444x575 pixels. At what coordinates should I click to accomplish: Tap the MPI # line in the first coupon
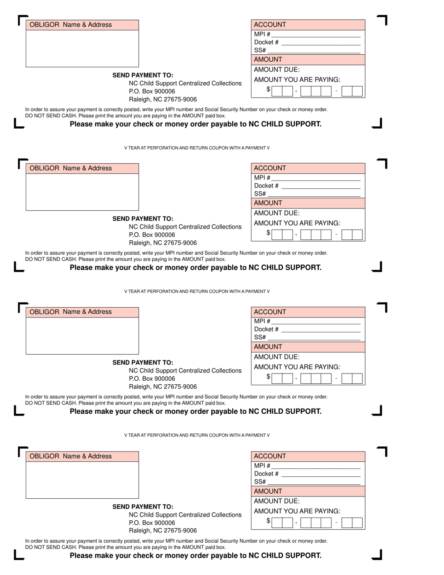click(315, 35)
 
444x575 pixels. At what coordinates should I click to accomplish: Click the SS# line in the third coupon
click(314, 338)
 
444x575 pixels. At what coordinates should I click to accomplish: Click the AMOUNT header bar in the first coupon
click(308, 60)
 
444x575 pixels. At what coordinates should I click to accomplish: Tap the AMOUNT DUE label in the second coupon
click(277, 213)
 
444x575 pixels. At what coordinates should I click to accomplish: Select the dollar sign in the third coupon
click(268, 377)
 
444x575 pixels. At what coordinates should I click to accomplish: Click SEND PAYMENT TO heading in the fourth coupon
click(143, 507)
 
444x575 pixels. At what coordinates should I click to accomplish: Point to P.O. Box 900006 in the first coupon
click(152, 92)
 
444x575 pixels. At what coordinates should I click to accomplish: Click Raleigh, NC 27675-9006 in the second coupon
click(163, 243)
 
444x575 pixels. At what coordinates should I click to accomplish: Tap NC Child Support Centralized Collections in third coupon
click(185, 371)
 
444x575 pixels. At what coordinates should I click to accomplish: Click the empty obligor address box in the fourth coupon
click(82, 480)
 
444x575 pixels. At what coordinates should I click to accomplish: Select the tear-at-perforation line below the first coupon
click(197, 148)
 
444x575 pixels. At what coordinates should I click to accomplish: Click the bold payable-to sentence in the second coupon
click(195, 268)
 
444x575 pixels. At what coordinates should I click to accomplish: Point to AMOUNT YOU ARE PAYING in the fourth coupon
click(297, 511)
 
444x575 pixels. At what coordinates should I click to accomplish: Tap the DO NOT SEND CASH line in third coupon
click(125, 403)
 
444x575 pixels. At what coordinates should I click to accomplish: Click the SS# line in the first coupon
click(314, 50)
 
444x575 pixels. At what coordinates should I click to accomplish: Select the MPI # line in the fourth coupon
click(315, 466)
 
